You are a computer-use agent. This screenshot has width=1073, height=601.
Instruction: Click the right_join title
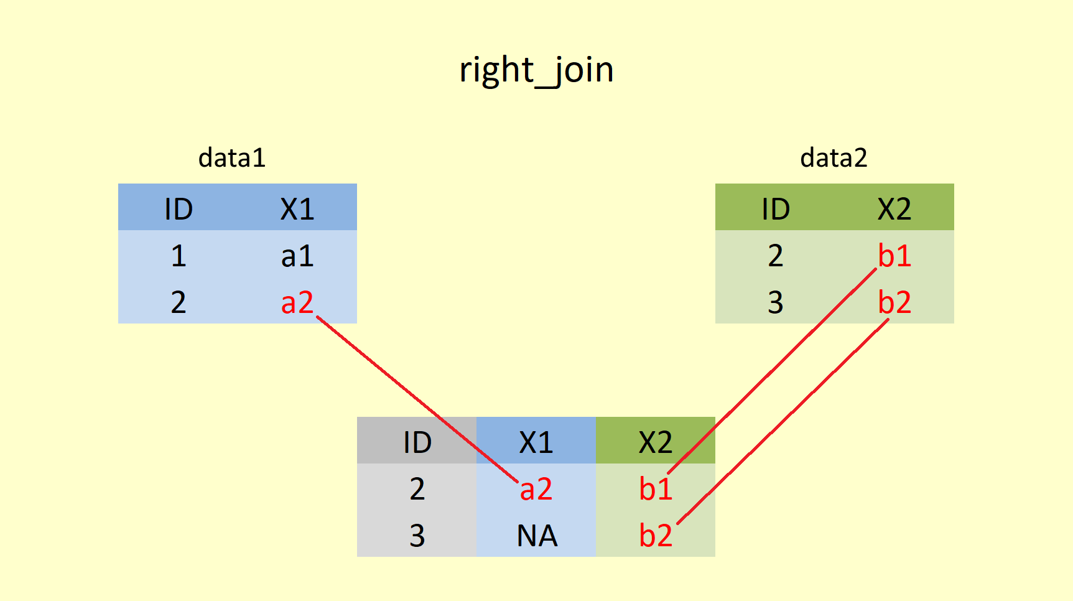536,70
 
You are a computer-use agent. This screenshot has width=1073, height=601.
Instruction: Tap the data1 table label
232,158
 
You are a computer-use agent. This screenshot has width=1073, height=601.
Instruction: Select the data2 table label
834,158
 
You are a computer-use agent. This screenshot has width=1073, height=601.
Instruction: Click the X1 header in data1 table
297,209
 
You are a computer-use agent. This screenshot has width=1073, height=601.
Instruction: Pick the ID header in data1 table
179,209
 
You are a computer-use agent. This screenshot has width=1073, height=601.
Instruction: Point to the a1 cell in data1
297,256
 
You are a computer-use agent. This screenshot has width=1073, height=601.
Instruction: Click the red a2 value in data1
297,302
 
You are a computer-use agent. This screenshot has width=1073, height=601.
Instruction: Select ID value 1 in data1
179,256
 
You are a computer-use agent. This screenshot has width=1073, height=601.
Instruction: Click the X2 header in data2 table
894,209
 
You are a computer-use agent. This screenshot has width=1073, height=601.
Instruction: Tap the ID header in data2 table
776,209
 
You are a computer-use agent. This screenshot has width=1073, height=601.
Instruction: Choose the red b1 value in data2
894,256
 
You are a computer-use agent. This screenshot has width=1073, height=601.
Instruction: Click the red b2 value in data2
894,302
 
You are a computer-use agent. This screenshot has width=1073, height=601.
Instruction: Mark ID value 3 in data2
776,302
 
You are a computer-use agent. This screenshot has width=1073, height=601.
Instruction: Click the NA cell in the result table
537,536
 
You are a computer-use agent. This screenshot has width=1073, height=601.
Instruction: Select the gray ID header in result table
417,442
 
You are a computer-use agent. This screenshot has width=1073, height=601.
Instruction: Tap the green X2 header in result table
656,442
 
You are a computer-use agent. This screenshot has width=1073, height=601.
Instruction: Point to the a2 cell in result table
536,489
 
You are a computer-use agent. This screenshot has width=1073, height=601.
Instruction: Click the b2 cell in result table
656,536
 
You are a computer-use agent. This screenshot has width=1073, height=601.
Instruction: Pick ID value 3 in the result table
417,536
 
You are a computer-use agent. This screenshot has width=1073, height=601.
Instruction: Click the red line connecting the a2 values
417,399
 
